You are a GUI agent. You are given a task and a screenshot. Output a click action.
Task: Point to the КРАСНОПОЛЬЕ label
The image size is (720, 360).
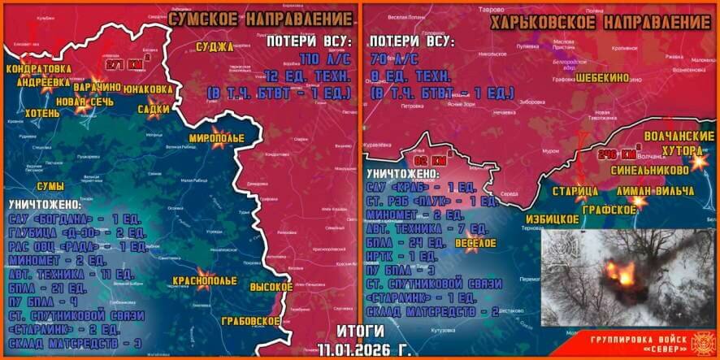click(x=204, y=281)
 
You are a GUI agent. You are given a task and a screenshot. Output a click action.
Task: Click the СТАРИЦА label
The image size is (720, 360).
click(x=575, y=191)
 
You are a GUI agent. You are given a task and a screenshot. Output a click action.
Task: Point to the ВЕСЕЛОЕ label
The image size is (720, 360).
click(x=474, y=243)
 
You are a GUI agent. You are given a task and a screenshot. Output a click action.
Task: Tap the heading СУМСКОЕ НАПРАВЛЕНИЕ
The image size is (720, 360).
click(x=257, y=15)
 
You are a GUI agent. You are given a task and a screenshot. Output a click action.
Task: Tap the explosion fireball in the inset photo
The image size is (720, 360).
click(x=624, y=274)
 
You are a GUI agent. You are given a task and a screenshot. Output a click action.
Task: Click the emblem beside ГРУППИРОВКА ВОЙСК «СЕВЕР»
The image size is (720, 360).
click(x=700, y=340)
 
